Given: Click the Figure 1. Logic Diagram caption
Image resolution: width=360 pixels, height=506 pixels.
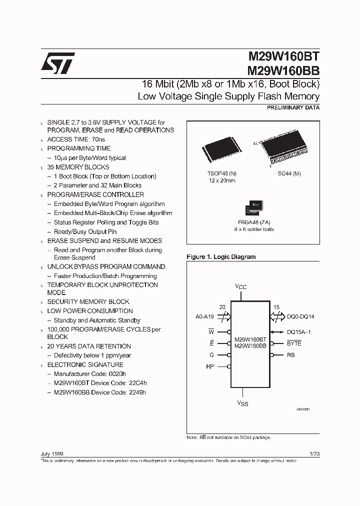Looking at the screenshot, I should [220, 257].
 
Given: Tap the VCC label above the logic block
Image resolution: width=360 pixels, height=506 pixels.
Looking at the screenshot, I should [241, 286].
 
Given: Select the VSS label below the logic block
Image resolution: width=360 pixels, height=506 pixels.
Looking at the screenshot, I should [242, 402].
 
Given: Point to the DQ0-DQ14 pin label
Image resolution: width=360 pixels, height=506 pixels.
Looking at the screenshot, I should [300, 317].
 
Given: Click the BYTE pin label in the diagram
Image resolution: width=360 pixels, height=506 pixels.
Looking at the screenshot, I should [294, 343].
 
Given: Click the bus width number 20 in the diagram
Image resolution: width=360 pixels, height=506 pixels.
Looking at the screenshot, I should [222, 306].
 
